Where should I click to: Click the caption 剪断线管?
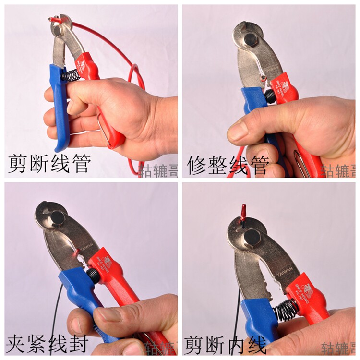point(49,164)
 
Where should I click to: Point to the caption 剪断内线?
point(226,344)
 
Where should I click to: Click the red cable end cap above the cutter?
point(244,210)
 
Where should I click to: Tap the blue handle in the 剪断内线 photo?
point(257,317)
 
